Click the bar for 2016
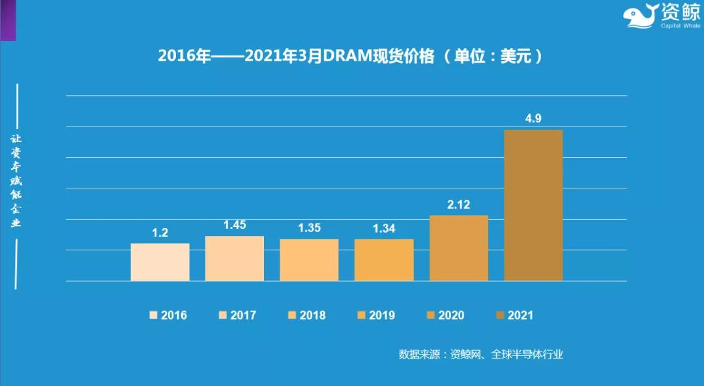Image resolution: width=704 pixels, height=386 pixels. click(x=160, y=262)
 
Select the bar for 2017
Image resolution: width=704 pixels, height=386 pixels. click(x=235, y=258)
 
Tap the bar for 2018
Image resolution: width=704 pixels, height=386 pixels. click(x=309, y=260)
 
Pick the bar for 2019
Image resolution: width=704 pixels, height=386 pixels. click(x=384, y=260)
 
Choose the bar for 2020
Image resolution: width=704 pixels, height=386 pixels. click(x=458, y=248)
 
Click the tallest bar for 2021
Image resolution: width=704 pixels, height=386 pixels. click(x=533, y=205)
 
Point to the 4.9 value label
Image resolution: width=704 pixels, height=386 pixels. click(x=533, y=119)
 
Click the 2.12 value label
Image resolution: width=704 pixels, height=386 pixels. click(x=458, y=204)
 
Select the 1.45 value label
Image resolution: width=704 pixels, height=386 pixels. click(x=235, y=225)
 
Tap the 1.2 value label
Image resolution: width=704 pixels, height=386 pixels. click(x=160, y=233)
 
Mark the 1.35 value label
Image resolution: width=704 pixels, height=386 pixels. click(x=309, y=228)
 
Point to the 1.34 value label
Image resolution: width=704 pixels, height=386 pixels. click(x=384, y=228)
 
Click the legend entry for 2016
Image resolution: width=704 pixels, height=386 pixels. click(x=168, y=316)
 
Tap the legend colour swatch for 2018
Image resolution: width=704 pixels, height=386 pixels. click(x=291, y=316)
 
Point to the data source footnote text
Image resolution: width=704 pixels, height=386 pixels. click(x=480, y=355)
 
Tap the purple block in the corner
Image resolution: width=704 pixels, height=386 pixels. click(x=8, y=20)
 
